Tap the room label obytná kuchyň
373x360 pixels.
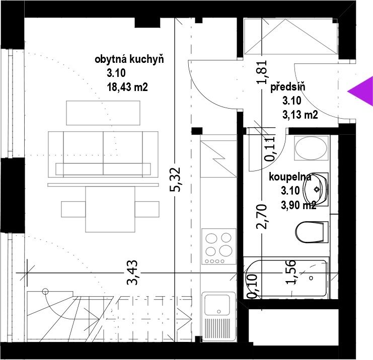(x=129, y=59)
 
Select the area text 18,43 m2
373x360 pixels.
(x=127, y=87)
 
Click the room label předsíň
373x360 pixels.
(x=287, y=87)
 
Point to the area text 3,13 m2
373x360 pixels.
(x=300, y=115)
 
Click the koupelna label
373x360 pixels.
(x=290, y=177)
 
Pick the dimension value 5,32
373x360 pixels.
(x=175, y=179)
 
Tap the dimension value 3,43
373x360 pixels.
(x=132, y=273)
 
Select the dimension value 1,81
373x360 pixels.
(x=262, y=72)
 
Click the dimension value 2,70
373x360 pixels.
(x=262, y=217)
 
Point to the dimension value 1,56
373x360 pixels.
(x=290, y=272)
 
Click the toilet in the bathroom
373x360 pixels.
(x=312, y=232)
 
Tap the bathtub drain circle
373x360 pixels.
(x=311, y=278)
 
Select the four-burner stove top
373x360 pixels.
(x=219, y=246)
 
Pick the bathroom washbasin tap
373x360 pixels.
(x=317, y=190)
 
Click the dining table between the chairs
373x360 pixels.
(x=110, y=209)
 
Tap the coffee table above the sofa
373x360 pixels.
(x=103, y=113)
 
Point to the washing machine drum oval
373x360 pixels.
(x=311, y=147)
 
